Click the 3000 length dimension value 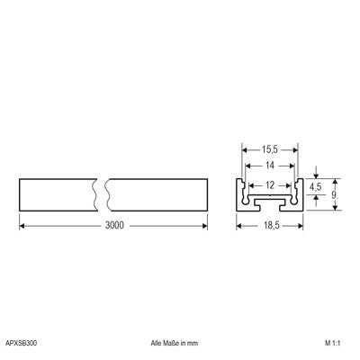[x=113, y=225]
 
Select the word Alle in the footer [x=158, y=344]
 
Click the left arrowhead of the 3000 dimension [x=22, y=225]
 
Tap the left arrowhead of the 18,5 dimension [x=238, y=225]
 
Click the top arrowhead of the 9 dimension [x=334, y=177]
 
